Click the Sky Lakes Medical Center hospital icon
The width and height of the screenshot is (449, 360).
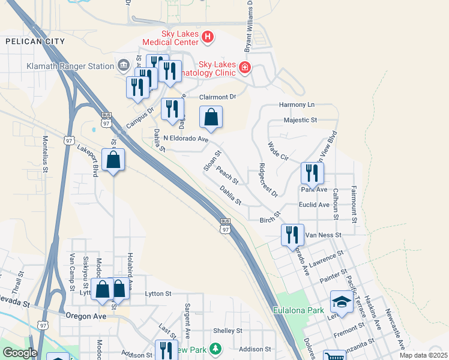coord(208,38)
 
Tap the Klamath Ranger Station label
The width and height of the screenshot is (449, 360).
coord(70,66)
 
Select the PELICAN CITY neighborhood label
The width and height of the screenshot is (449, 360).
coord(34,41)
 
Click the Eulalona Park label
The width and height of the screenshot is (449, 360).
coord(298,310)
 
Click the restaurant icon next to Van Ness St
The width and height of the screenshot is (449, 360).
coord(292,235)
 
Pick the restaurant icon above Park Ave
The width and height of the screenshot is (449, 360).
coord(312,173)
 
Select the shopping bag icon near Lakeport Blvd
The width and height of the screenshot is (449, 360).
coord(113,160)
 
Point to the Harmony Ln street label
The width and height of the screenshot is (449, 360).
coord(297,105)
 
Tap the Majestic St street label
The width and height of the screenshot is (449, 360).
coord(300,120)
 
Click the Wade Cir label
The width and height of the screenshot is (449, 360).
coord(279,150)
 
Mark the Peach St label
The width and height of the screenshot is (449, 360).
coord(228,176)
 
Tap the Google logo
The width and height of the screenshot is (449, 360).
coord(20,353)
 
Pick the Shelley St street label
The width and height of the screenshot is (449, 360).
coord(228,331)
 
